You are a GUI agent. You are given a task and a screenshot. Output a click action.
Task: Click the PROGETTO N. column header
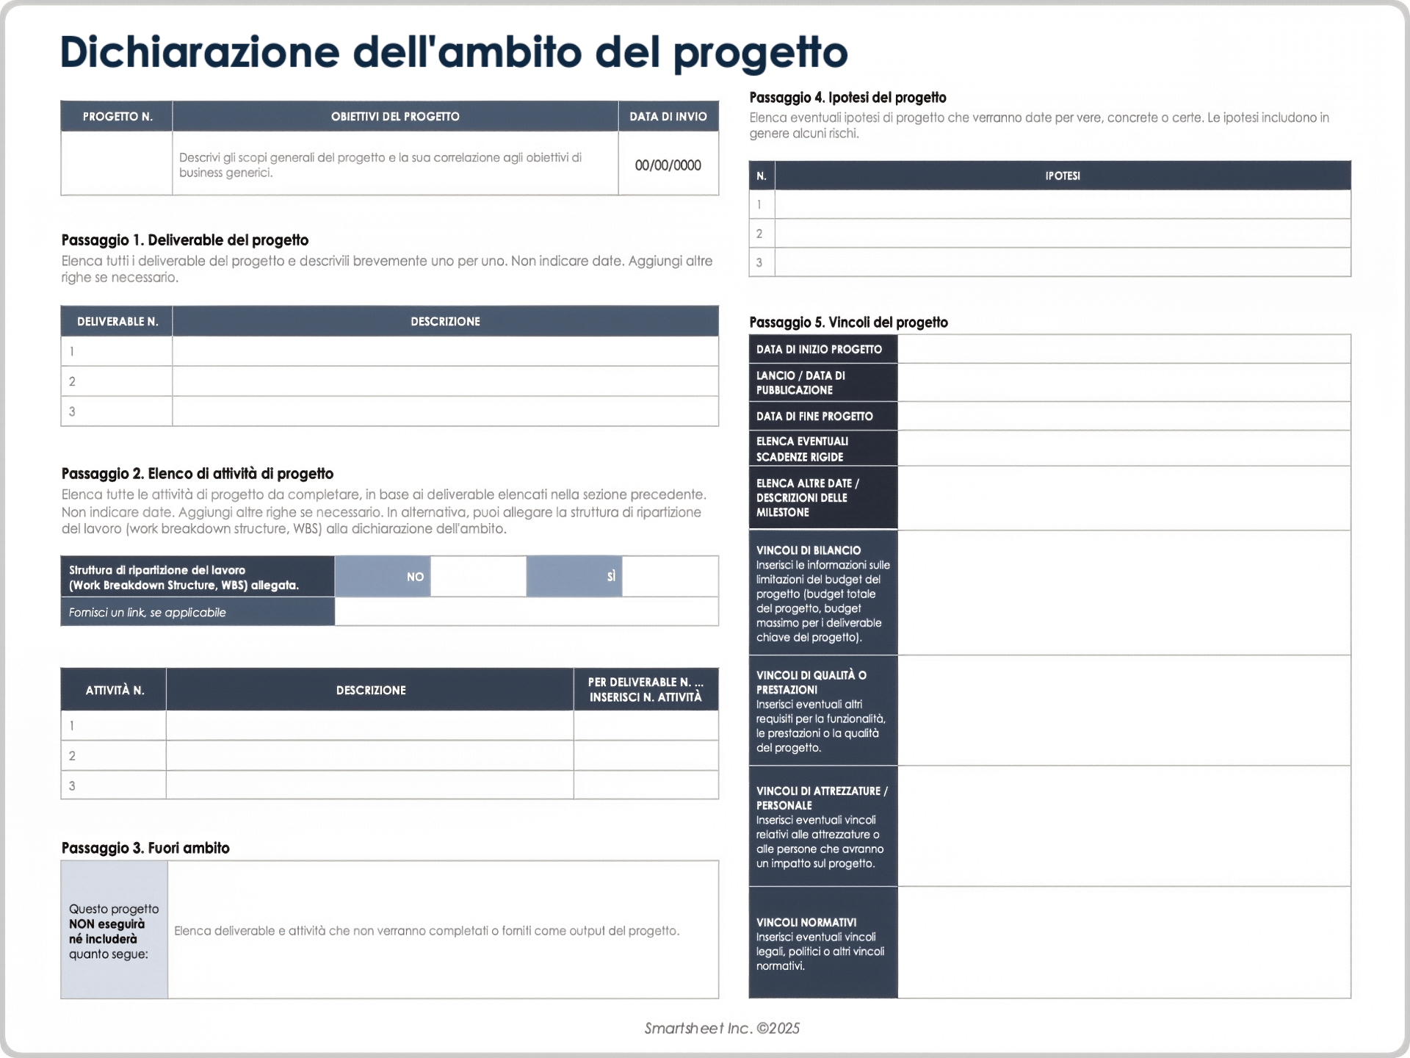pos(117,116)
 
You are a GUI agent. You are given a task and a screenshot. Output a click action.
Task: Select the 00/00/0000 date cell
pos(668,165)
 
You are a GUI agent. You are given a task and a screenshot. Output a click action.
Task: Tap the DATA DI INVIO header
pos(668,116)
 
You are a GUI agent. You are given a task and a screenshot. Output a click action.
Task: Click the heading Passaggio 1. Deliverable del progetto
pos(184,240)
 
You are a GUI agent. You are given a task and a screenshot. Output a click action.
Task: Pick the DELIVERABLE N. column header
pos(117,321)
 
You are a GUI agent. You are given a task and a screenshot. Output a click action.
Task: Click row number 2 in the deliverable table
pos(72,381)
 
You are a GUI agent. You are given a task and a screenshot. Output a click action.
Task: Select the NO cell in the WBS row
pos(415,577)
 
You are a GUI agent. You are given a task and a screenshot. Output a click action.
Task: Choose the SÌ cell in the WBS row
pos(610,577)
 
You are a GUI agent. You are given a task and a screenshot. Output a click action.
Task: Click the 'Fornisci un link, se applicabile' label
pos(147,612)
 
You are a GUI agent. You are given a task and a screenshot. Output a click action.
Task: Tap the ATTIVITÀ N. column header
pos(115,690)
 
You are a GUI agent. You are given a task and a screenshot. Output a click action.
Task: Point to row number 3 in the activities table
pos(72,785)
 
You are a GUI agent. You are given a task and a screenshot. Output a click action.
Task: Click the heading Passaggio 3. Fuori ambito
pos(145,848)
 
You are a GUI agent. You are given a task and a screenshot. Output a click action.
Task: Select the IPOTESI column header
pos(1062,176)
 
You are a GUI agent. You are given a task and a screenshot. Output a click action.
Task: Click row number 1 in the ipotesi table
pos(759,204)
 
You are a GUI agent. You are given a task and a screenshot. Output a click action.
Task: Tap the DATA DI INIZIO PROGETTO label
pos(819,349)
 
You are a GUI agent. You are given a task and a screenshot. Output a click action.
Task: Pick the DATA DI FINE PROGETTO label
pos(814,416)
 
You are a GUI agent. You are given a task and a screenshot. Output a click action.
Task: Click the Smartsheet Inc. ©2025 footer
pos(722,1028)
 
